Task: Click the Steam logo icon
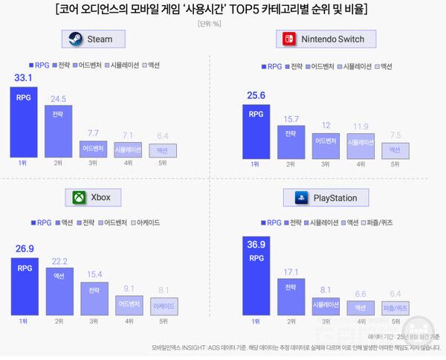tap(75, 39)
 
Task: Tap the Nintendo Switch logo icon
tap(289, 39)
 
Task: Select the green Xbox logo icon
tap(79, 198)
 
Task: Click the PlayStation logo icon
tap(302, 198)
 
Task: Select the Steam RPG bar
tap(23, 122)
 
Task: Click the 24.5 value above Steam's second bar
tap(58, 98)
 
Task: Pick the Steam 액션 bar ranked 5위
tap(163, 150)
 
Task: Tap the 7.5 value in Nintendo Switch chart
tap(395, 135)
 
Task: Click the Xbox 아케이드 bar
tap(163, 306)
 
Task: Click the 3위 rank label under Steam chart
tap(93, 163)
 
